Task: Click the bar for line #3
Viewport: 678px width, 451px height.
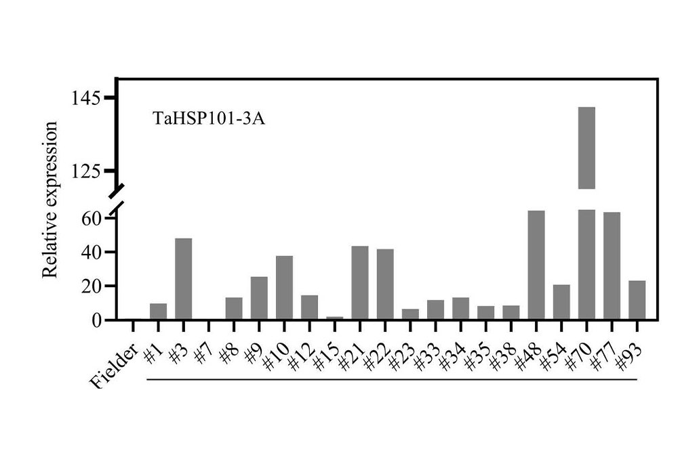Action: [183, 278]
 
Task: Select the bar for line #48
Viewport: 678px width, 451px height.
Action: [536, 265]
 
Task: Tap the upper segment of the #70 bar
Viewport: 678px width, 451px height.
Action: [586, 148]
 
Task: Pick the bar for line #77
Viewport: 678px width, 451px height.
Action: [612, 265]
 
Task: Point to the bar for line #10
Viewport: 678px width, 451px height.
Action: [284, 287]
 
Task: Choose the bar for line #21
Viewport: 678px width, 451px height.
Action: [360, 282]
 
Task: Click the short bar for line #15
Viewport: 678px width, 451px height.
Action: [335, 318]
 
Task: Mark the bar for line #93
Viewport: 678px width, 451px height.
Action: [637, 300]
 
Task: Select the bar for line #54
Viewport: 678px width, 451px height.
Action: [561, 302]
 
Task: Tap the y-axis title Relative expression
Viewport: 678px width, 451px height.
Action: [49, 200]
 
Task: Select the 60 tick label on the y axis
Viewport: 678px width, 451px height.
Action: [92, 219]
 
